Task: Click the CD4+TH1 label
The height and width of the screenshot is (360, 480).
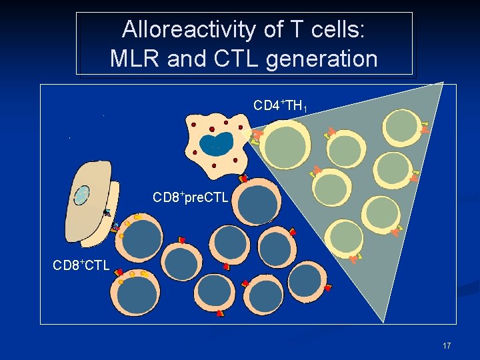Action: click(279, 106)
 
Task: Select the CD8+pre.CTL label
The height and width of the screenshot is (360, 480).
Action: click(191, 198)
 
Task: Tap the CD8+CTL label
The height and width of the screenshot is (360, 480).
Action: click(81, 266)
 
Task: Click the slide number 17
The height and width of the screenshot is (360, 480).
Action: click(446, 346)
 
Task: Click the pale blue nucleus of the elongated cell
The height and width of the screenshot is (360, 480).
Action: click(81, 195)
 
